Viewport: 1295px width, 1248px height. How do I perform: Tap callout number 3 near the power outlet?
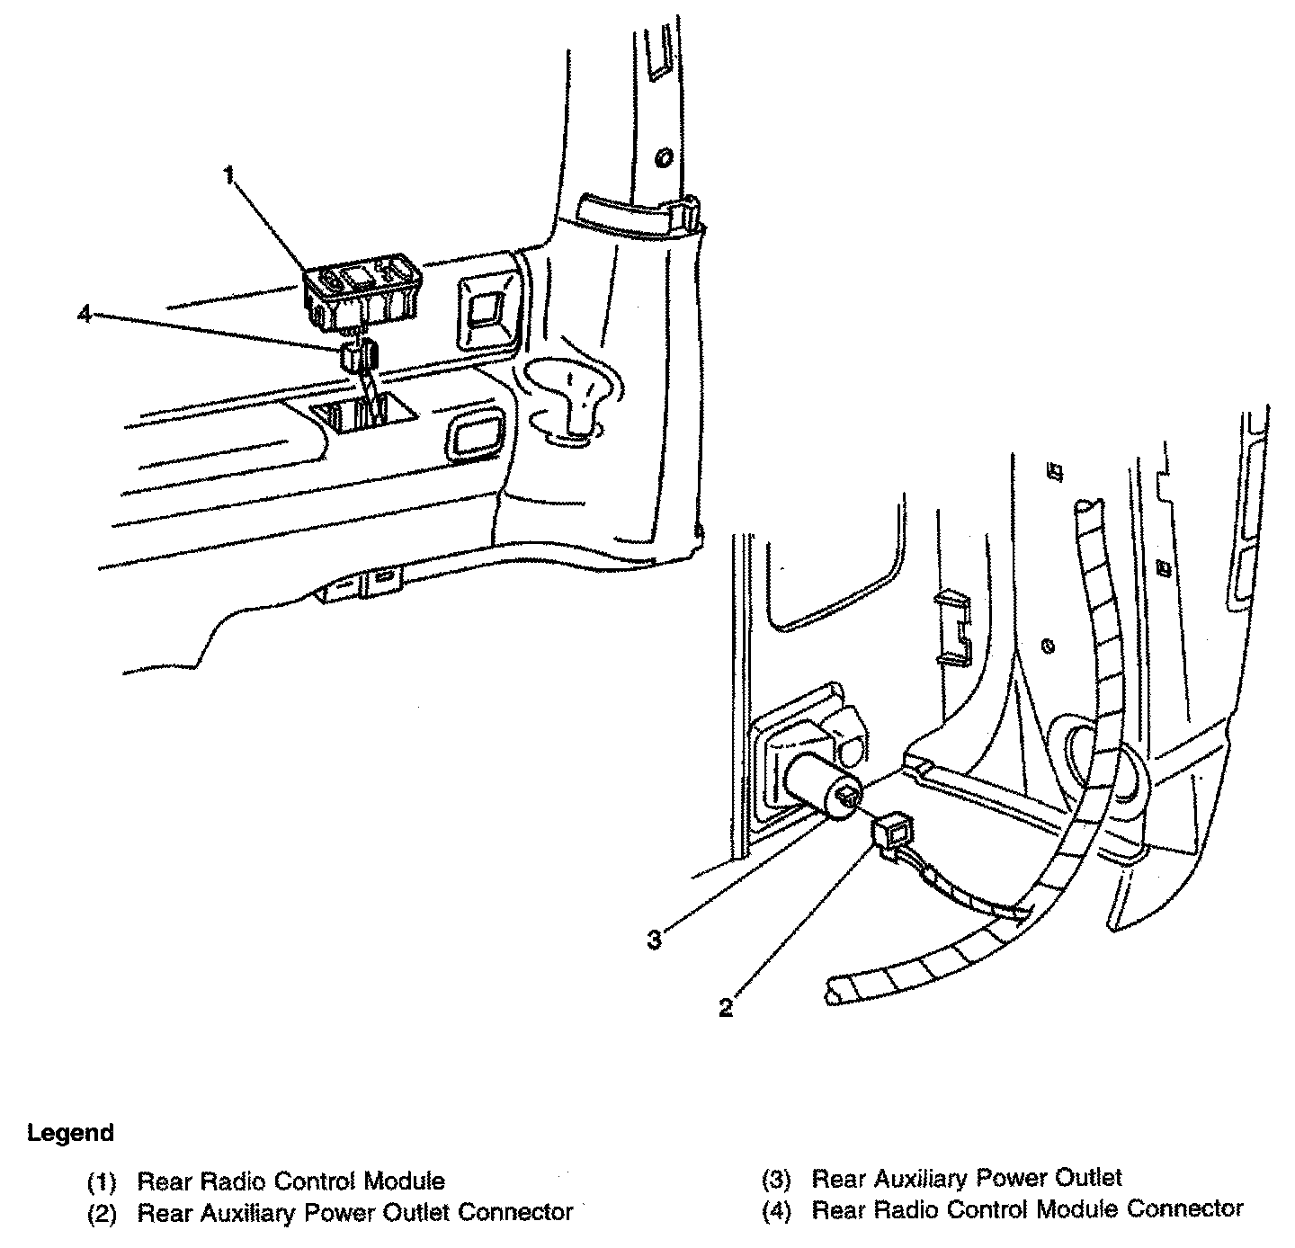(x=655, y=940)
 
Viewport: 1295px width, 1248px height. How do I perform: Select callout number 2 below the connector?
(x=726, y=1008)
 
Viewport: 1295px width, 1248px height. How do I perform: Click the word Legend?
(x=70, y=1133)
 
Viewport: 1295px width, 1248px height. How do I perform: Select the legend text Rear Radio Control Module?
(x=290, y=1181)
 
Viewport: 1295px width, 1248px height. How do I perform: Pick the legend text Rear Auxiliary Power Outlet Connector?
(x=354, y=1212)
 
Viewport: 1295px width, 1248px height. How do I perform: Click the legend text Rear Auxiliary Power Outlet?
(x=967, y=1178)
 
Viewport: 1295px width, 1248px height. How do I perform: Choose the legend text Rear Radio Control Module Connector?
(x=1027, y=1209)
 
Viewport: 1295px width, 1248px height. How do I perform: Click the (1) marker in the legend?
(x=102, y=1181)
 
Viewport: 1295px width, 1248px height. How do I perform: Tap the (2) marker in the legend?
(x=102, y=1213)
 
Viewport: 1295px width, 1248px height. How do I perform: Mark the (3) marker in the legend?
(x=776, y=1179)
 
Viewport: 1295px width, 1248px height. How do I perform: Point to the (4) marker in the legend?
(x=776, y=1210)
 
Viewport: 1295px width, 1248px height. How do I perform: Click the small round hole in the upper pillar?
(x=665, y=158)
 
